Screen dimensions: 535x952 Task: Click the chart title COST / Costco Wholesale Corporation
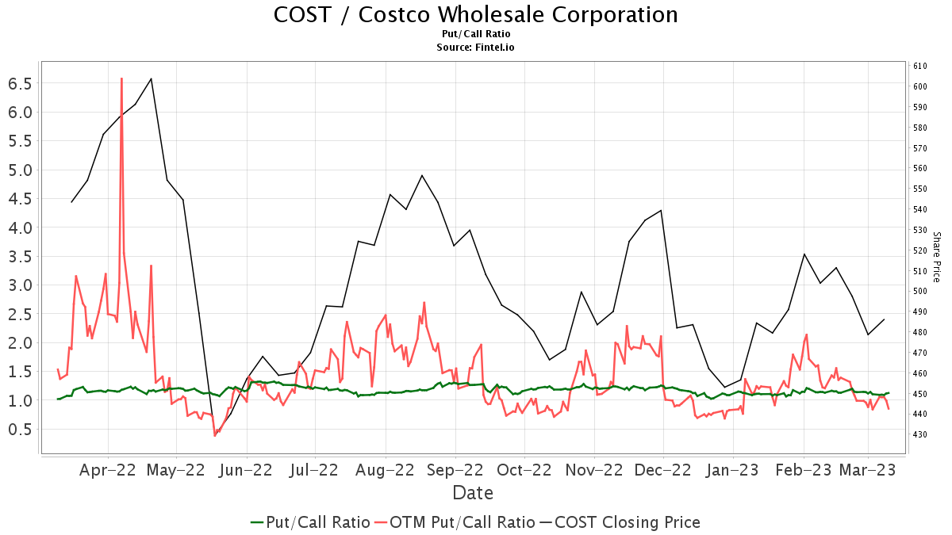(x=475, y=15)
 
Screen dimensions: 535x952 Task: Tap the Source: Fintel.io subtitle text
(x=475, y=48)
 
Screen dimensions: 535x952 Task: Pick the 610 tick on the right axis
(x=920, y=66)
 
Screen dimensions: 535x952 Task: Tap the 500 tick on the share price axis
(x=920, y=291)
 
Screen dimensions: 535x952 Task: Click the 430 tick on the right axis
(x=920, y=434)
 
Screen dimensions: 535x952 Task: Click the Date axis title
(x=473, y=493)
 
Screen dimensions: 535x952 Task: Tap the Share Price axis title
(x=936, y=257)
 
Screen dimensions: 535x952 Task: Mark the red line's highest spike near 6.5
(x=121, y=78)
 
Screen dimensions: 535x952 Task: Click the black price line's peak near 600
(x=152, y=78)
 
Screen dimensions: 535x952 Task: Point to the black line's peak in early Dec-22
(x=661, y=210)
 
